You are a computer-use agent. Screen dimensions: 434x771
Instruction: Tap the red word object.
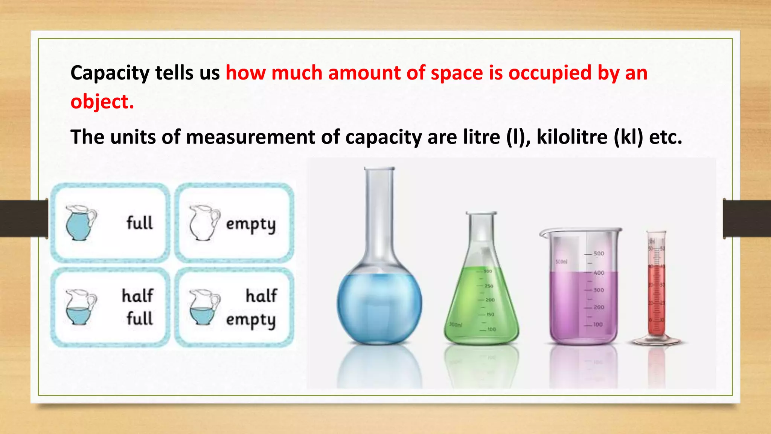coord(102,102)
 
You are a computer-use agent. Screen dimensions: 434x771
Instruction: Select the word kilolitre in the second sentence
coord(572,137)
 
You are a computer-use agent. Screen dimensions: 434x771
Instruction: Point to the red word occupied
coord(550,73)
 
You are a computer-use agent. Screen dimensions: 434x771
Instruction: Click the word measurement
coord(250,137)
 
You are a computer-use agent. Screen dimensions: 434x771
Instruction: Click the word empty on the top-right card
coord(251,225)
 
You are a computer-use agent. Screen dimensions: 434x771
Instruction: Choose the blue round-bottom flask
coord(379,298)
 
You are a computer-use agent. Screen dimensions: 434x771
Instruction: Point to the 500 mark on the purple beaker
coord(599,254)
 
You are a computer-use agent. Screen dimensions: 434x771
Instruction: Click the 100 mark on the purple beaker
coord(598,324)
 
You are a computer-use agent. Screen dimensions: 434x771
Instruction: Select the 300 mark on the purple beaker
coord(599,290)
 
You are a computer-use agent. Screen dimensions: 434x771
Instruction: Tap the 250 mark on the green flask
coord(489,286)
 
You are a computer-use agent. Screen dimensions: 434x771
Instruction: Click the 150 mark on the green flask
coord(490,314)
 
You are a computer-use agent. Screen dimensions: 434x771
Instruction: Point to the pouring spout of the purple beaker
coord(543,234)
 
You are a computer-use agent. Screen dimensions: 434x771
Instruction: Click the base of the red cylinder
coord(657,341)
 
